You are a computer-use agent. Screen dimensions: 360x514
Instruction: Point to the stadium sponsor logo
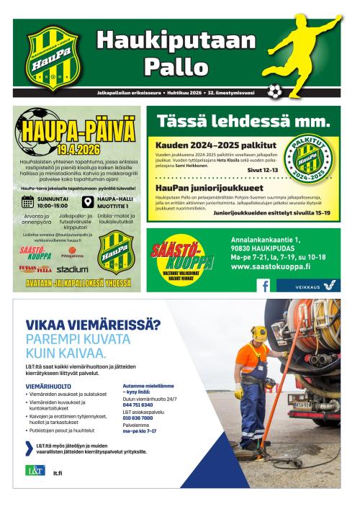click(72, 269)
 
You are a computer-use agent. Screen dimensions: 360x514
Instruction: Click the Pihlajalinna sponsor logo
click(72, 254)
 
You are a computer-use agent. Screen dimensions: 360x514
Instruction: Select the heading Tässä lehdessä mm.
click(244, 120)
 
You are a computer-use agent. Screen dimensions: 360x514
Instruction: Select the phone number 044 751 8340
click(138, 405)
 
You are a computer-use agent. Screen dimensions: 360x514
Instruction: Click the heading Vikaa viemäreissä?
click(93, 325)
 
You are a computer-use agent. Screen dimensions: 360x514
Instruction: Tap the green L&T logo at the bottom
click(35, 471)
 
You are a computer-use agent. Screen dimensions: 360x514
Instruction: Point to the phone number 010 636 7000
click(138, 418)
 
